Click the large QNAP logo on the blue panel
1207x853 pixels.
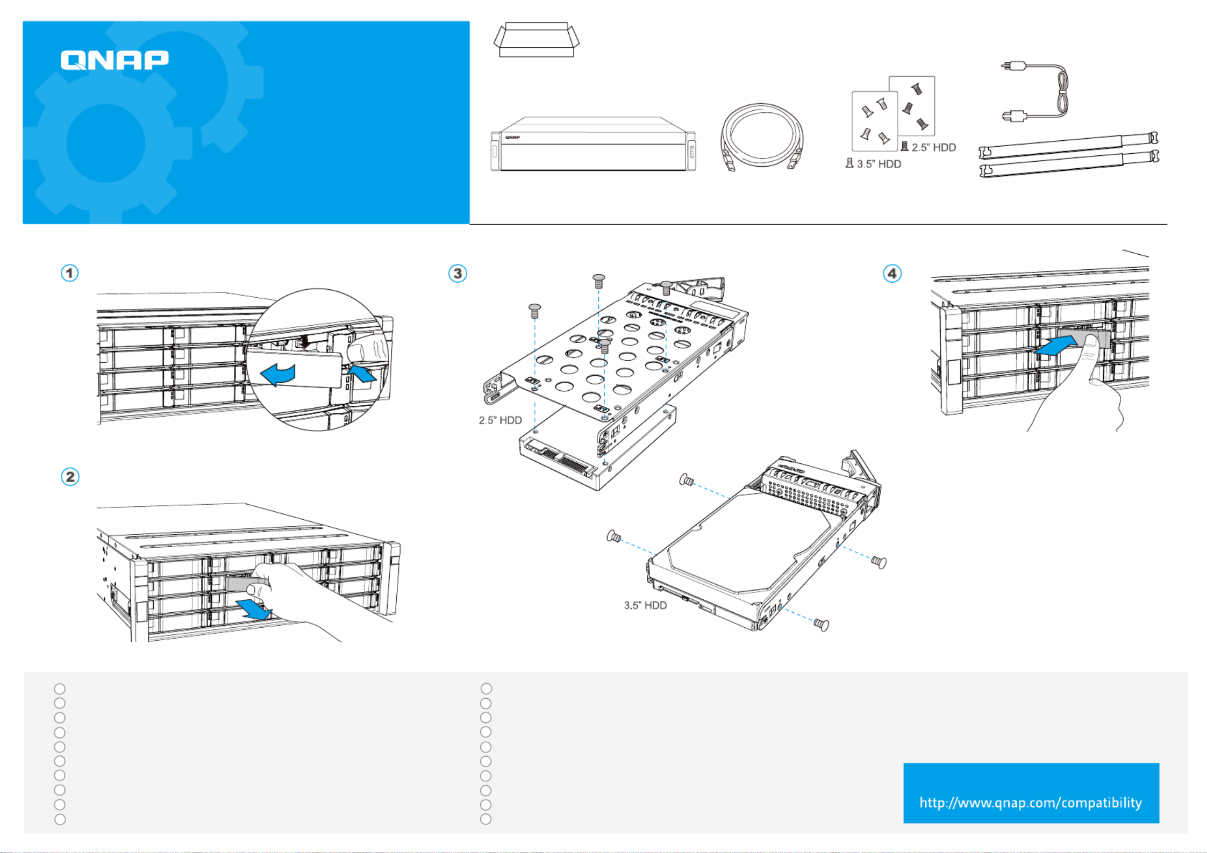point(115,60)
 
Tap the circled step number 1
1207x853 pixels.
point(69,273)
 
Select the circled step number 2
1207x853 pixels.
point(70,477)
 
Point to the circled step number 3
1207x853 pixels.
point(458,274)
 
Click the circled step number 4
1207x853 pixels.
point(892,274)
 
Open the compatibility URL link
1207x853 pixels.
point(1031,802)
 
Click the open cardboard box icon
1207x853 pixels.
point(536,40)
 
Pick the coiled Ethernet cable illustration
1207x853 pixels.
point(762,137)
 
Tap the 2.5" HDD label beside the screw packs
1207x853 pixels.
point(933,147)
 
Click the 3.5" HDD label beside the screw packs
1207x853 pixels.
point(879,164)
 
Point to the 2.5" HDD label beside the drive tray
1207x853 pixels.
point(500,420)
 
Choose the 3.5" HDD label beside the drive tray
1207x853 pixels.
point(645,605)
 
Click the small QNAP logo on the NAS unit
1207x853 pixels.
point(512,138)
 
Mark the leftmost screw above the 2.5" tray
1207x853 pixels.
point(534,310)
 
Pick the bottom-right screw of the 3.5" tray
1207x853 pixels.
point(821,625)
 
